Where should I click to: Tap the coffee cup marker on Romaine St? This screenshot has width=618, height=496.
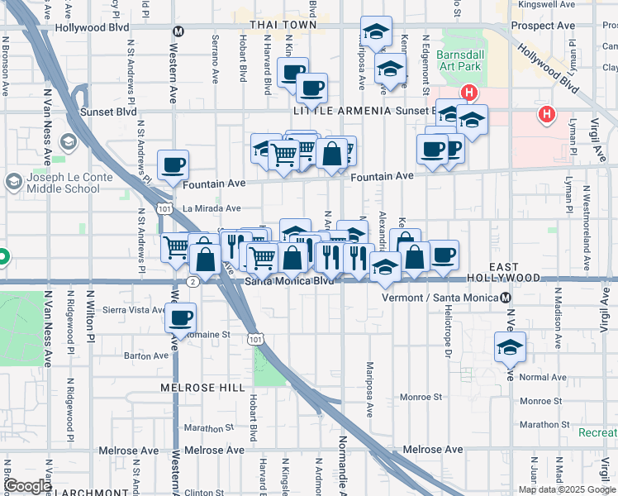click(181, 318)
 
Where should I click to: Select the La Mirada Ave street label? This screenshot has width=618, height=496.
click(212, 209)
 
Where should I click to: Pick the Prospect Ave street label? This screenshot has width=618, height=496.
click(542, 26)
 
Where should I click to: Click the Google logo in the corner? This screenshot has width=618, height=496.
click(27, 486)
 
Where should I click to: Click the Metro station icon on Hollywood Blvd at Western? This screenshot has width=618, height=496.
click(178, 31)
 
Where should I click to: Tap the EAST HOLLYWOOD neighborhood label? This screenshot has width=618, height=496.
click(503, 273)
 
